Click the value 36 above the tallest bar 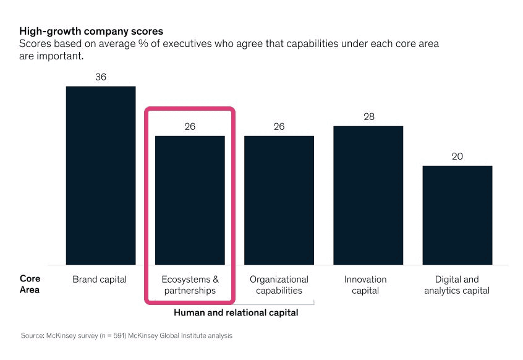(x=100, y=77)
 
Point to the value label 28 (x=368, y=117)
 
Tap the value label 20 (x=457, y=156)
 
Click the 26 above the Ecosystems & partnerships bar (x=190, y=127)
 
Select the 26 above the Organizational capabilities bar (x=279, y=127)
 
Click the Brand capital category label (x=100, y=280)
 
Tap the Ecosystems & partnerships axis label (x=190, y=285)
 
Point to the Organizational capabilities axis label (x=279, y=285)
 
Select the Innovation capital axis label (x=365, y=285)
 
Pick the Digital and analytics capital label (x=457, y=285)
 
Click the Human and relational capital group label (x=236, y=313)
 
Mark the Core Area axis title (x=30, y=285)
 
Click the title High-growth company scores (x=91, y=30)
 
